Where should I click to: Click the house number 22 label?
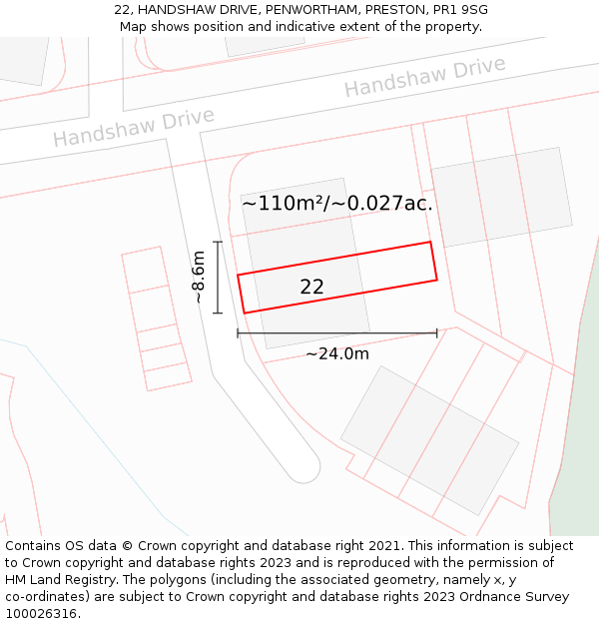[311, 288]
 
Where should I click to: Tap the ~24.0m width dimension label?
[336, 353]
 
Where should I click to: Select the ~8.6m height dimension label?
[199, 278]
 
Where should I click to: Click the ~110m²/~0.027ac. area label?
[336, 204]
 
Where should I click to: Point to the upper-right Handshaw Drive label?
[424, 76]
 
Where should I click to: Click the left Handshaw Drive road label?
[134, 127]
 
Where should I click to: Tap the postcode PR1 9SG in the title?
[461, 10]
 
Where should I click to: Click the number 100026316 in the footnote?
[41, 614]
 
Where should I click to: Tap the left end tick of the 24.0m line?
[238, 332]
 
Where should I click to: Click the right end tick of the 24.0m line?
[437, 332]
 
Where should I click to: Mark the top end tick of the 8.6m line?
[218, 242]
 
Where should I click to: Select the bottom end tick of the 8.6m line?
[218, 312]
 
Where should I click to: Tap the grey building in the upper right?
[501, 197]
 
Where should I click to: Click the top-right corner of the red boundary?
[430, 242]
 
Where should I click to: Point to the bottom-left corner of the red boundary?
[245, 312]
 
